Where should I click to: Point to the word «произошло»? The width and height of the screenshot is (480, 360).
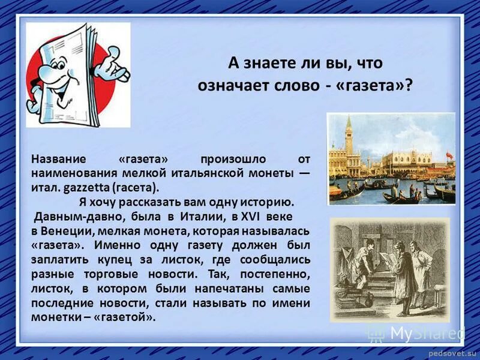pyautogui.click(x=229, y=159)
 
